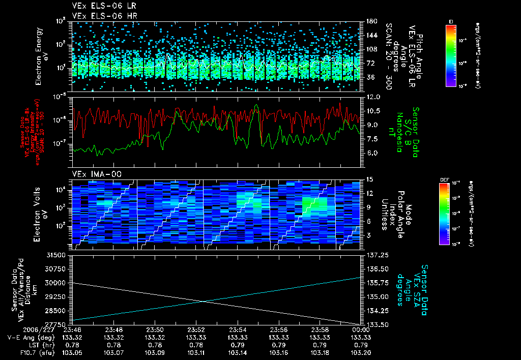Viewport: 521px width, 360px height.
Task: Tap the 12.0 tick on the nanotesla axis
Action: (373, 97)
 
